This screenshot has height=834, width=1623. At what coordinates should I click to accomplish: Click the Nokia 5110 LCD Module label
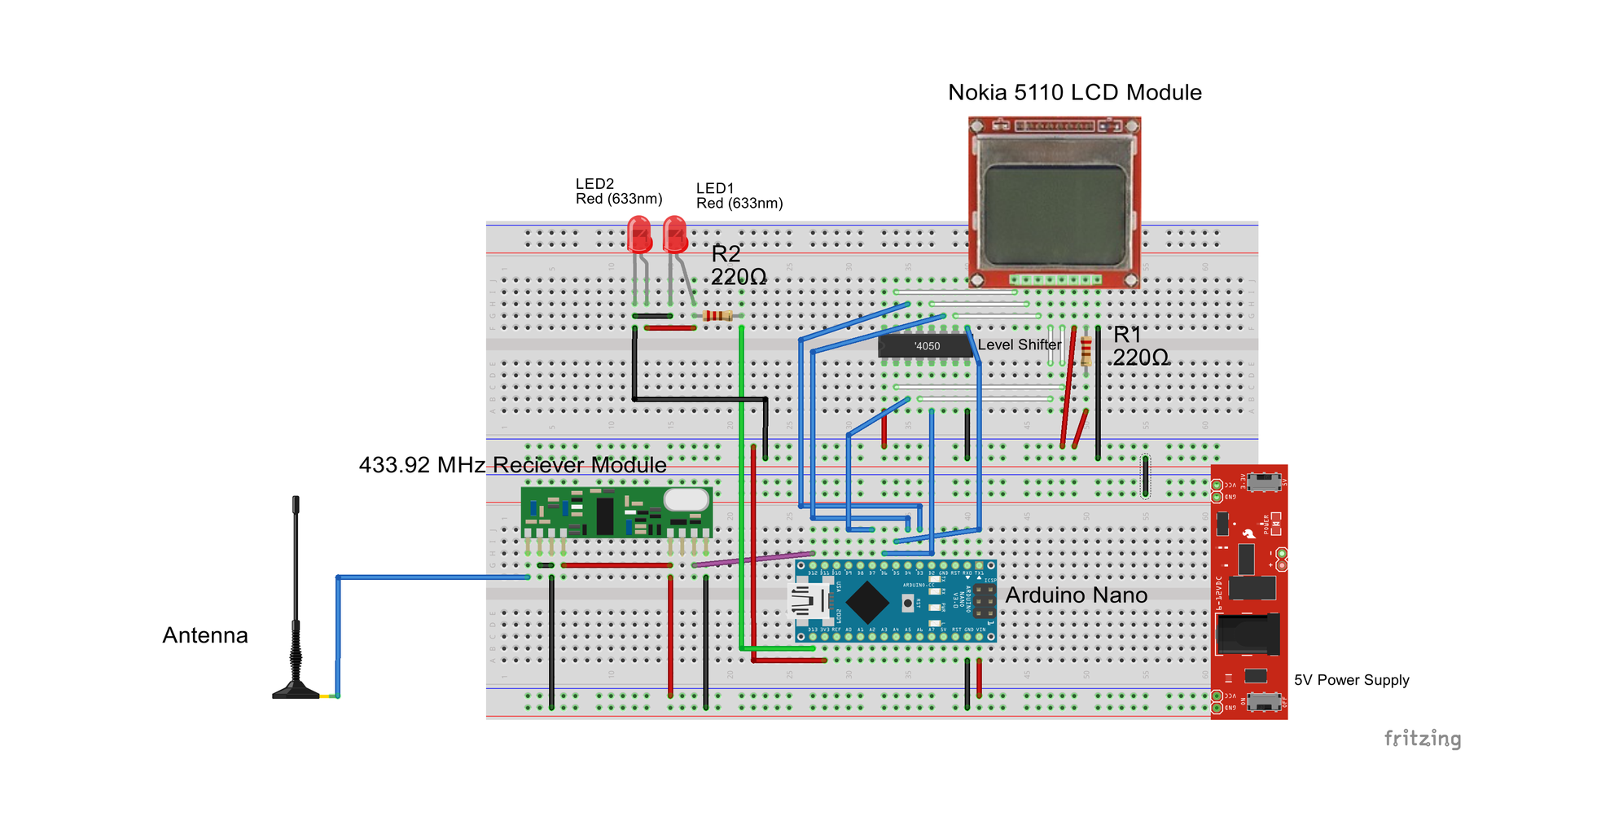tap(1074, 93)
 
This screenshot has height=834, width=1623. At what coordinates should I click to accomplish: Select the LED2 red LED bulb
tap(639, 234)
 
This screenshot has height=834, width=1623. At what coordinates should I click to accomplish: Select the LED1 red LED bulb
tap(675, 234)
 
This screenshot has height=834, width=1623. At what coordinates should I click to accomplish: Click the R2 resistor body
tap(717, 316)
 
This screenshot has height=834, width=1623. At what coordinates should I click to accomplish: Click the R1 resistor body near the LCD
tap(1086, 351)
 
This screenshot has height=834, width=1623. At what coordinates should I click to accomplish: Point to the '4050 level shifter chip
tap(925, 346)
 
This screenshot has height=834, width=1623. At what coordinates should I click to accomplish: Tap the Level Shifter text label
tap(1019, 345)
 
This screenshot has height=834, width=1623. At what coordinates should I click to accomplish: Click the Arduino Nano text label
tap(1076, 595)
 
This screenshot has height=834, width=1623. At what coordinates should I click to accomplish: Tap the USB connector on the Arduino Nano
tap(809, 602)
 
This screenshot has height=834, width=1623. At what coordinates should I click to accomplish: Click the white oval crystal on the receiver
tap(686, 499)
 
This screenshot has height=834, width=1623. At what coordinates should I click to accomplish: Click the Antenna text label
tap(205, 635)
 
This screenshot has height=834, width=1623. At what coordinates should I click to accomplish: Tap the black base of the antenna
tap(296, 691)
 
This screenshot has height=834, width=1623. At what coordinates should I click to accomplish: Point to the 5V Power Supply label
tap(1351, 680)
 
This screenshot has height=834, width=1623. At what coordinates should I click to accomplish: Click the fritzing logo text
tap(1422, 739)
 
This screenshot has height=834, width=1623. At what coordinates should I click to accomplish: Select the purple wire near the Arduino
tap(753, 559)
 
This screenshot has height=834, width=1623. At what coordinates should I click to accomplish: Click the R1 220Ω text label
tap(1140, 346)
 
